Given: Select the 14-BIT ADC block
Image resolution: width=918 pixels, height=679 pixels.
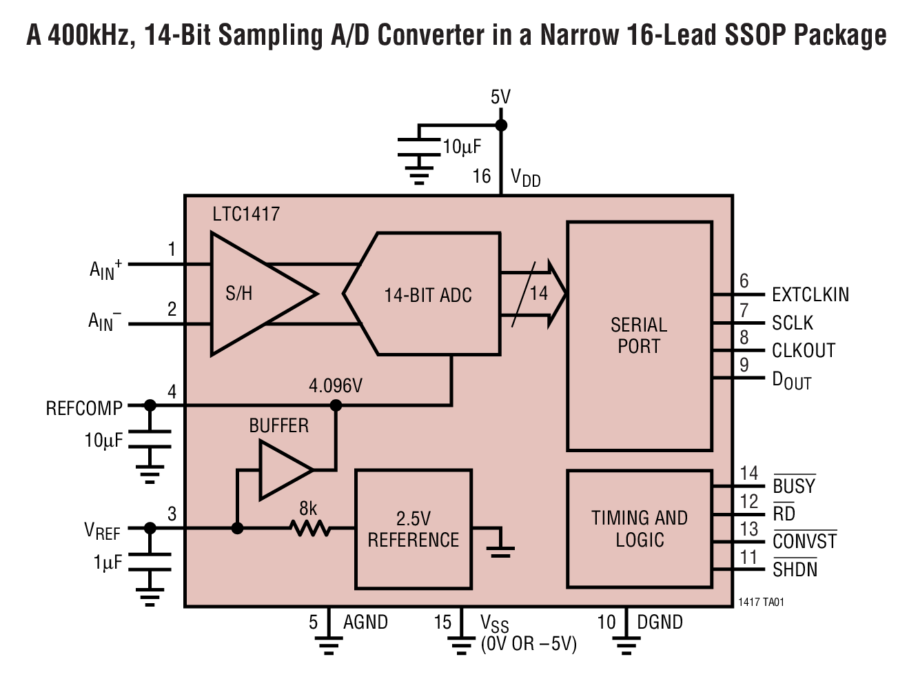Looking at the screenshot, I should point(427,295).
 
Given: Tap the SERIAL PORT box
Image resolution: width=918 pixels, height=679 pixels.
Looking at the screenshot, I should point(639,336).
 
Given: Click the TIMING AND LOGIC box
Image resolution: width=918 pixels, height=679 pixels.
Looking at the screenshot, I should point(639,529).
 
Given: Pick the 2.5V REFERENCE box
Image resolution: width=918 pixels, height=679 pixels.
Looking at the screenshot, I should point(413,529).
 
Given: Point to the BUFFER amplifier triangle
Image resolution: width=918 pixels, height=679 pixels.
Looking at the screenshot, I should point(283,470).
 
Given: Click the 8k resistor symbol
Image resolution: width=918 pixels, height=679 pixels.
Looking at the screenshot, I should point(309,529).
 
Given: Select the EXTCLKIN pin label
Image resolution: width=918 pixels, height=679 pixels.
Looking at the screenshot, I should point(810,295).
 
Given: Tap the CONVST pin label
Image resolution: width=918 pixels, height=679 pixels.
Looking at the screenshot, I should point(804,542).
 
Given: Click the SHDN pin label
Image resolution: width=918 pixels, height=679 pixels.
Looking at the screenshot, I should point(795,570).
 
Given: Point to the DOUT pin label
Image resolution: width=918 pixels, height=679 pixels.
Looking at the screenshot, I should point(791,381).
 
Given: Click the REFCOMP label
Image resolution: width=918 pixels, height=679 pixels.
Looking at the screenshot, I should point(84,409).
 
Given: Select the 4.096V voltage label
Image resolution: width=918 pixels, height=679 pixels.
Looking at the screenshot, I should point(335,386).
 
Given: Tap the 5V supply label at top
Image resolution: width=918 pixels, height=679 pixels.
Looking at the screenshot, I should point(500,97).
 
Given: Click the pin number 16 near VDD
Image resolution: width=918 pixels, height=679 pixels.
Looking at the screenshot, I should point(481,177).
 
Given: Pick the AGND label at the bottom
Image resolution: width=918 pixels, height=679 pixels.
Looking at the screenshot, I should point(365,622).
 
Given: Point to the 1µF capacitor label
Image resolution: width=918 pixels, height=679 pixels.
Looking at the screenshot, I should point(108,563).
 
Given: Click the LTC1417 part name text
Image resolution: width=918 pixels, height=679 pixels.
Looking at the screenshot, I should point(246,214).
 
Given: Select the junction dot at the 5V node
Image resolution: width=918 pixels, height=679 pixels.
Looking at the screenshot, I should point(501,125).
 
